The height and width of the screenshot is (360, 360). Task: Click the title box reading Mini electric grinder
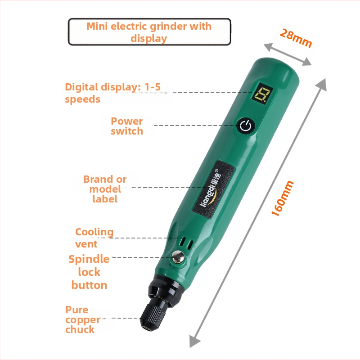tap(149, 31)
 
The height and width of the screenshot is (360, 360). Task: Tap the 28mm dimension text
tap(296, 38)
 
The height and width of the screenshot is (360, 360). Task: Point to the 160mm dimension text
tap(283, 198)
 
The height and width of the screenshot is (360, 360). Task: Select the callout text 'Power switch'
tap(127, 126)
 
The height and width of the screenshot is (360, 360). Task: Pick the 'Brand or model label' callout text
tap(105, 189)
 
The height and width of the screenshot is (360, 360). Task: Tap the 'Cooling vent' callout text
tap(94, 238)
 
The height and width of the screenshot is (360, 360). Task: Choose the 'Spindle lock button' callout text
tap(89, 272)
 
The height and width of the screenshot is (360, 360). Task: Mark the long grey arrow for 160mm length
tap(259, 211)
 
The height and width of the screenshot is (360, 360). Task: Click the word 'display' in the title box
tap(149, 38)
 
